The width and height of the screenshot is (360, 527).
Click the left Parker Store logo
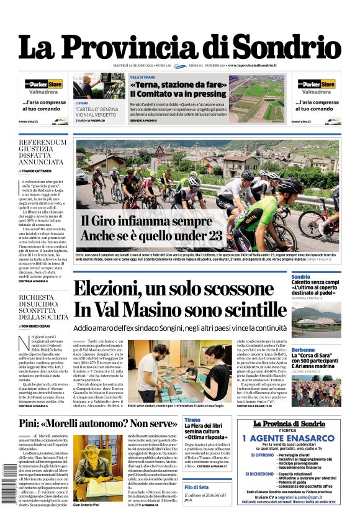coord(43,84)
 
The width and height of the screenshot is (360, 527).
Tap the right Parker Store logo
coord(316,84)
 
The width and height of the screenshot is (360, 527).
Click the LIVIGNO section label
coord(81,102)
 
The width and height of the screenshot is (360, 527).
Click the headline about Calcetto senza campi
coord(315,286)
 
